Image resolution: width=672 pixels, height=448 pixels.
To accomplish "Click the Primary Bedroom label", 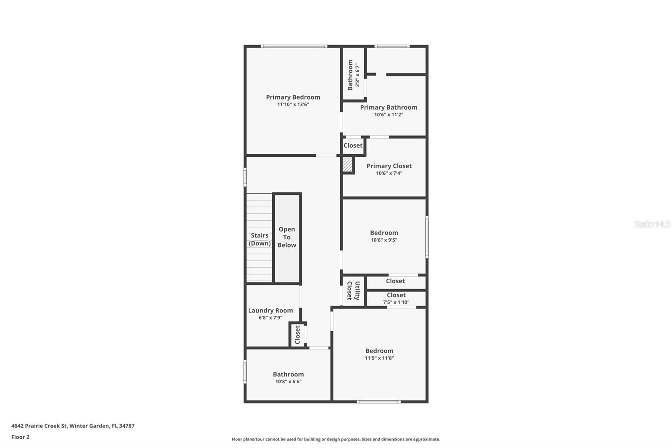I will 293,97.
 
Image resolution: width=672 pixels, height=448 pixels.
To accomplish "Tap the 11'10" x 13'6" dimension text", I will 293,105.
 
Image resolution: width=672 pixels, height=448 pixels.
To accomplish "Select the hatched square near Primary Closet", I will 347,164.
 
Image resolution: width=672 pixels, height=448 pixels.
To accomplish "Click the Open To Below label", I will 287,237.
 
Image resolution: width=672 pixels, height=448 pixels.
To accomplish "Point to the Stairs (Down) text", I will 260,240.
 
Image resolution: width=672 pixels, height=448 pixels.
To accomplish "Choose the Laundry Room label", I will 270,311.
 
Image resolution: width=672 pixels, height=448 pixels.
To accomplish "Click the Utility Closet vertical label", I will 353,290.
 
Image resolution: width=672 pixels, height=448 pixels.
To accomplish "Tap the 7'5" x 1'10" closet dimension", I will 396,302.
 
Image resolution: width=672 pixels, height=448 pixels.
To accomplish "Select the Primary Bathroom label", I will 388,108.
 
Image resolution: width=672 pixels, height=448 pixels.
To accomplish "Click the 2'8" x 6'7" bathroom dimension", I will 357,75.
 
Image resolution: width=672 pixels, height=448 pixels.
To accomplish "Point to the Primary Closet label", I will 389,166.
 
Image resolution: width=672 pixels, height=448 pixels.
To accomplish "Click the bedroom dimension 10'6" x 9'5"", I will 384,240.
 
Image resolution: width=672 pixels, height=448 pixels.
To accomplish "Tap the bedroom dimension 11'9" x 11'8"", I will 379,358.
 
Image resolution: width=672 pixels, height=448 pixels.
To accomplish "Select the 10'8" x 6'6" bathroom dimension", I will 288,382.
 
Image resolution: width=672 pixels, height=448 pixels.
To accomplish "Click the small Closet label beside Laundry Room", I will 297,335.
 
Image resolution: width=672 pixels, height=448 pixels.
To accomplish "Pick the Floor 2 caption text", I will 20,437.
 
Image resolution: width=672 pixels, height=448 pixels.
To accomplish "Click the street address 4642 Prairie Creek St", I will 39,426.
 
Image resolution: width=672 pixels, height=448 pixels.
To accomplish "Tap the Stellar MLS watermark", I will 652,224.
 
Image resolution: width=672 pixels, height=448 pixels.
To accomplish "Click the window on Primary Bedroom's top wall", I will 294,46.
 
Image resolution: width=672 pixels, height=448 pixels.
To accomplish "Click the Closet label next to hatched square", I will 353,145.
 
